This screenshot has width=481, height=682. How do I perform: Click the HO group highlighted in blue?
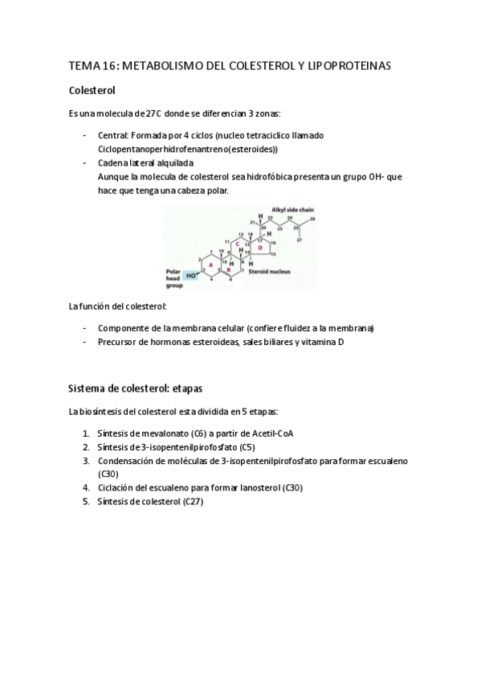click(191, 275)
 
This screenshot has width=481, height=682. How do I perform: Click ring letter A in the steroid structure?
click(211, 262)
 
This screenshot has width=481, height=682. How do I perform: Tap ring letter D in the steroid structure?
click(259, 248)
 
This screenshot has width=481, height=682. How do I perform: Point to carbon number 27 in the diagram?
click(299, 239)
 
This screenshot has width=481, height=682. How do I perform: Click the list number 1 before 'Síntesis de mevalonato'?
click(86, 433)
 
